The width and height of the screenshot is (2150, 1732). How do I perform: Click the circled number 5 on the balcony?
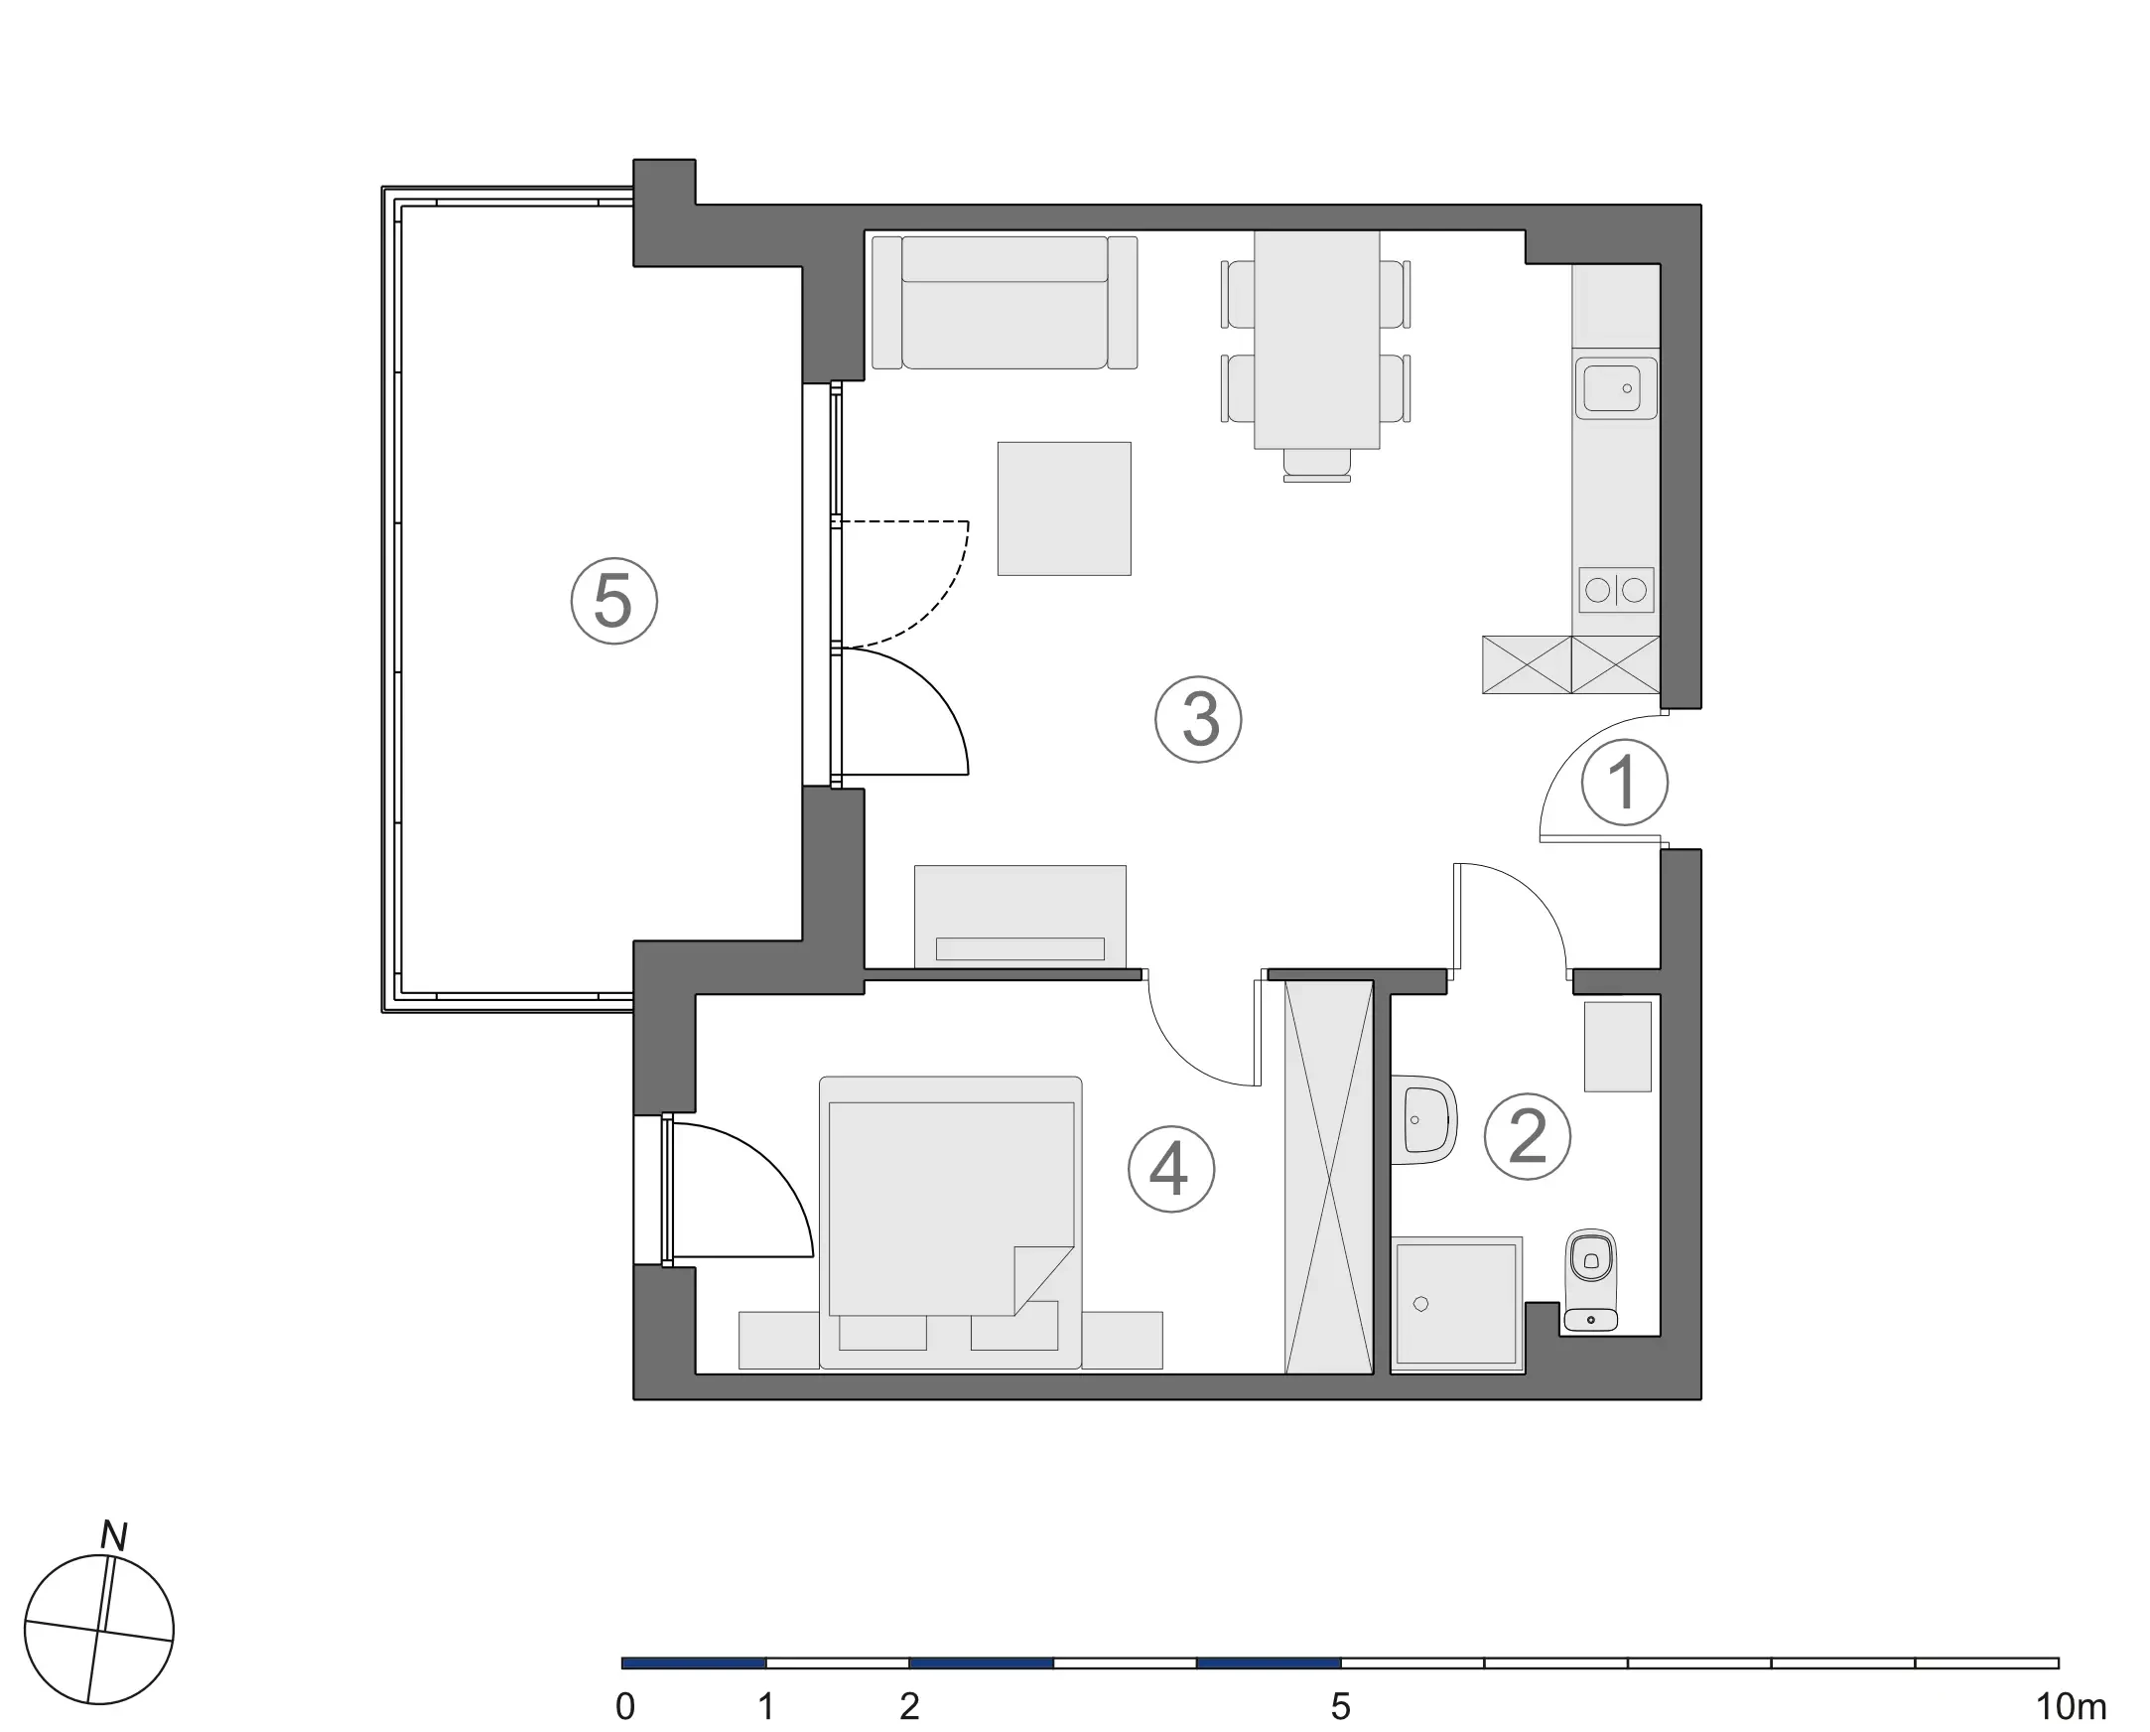pos(613,601)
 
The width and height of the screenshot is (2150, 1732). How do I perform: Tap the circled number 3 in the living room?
pos(1198,719)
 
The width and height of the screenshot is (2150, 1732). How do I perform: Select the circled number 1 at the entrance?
pos(1625,783)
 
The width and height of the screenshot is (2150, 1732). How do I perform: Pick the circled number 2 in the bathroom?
pos(1527,1136)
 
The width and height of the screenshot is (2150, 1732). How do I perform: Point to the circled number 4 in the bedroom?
pos(1170,1169)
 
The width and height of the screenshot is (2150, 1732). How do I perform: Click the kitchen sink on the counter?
pos(1616,388)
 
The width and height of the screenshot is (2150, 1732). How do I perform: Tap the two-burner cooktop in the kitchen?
pos(1616,591)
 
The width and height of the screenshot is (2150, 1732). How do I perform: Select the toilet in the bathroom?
pos(1590,1279)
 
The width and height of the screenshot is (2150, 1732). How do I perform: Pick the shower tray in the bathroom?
pos(1456,1302)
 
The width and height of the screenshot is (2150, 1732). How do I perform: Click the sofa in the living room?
pos(1005,303)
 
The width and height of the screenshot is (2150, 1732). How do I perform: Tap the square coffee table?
pos(1064,508)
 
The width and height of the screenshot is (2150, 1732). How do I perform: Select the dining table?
pos(1316,340)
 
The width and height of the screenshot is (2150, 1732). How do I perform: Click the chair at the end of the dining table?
pos(1316,465)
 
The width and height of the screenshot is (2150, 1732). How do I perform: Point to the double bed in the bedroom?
pos(950,1208)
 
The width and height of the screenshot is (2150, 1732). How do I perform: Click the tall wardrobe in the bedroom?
pos(1329,1177)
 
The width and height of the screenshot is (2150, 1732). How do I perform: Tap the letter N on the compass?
pos(115,1536)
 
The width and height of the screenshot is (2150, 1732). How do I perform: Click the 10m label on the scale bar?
pos(2071,1707)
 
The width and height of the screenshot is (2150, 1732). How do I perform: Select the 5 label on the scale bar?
pos(1340,1707)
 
